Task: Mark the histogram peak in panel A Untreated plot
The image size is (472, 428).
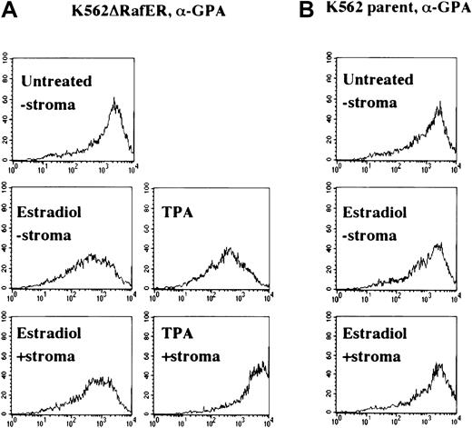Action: point(113,99)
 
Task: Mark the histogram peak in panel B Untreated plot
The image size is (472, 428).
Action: point(438,103)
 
